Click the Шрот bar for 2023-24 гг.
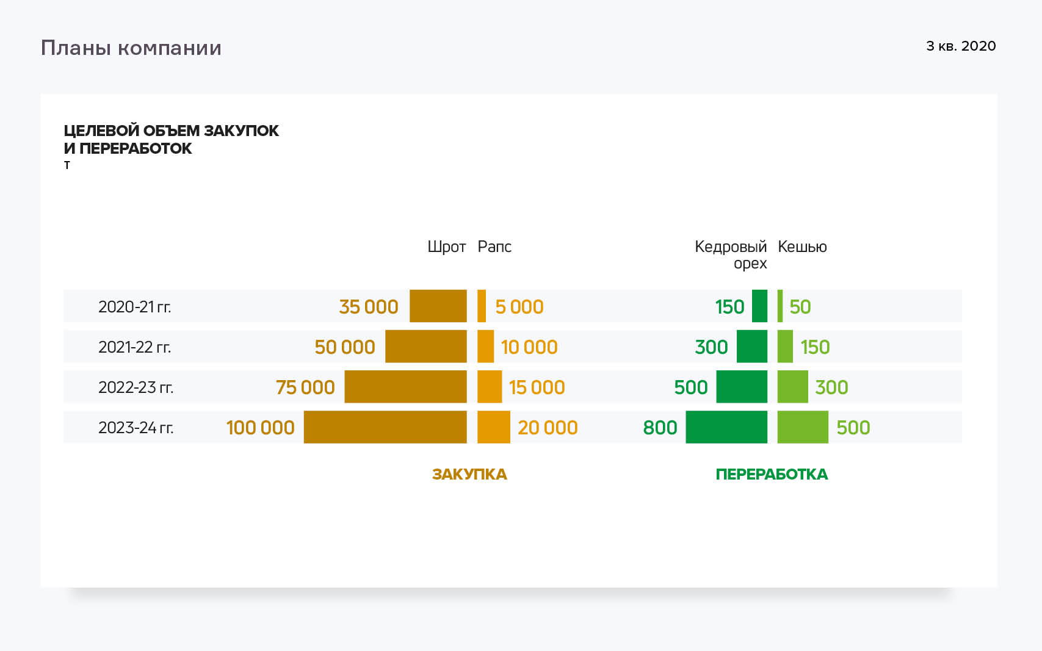click(x=385, y=427)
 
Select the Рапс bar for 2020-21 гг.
click(x=482, y=306)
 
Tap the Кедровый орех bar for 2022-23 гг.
click(x=742, y=387)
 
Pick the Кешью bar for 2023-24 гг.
click(x=803, y=427)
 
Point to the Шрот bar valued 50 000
click(x=426, y=347)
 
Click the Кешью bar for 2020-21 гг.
click(x=780, y=306)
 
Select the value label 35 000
click(x=369, y=306)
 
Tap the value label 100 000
click(x=261, y=427)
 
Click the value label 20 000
click(x=548, y=427)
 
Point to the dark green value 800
click(x=660, y=427)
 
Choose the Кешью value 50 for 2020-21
click(x=800, y=306)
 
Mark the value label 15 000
click(x=537, y=387)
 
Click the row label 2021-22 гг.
click(x=135, y=347)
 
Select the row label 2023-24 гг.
click(x=136, y=427)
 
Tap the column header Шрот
click(x=446, y=246)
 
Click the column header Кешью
click(x=802, y=246)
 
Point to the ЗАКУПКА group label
click(x=469, y=474)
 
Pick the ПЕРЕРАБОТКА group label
click(x=772, y=474)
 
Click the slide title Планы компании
click(x=131, y=48)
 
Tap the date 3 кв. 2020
click(x=961, y=46)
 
